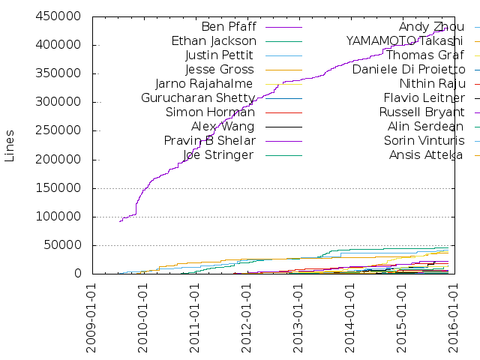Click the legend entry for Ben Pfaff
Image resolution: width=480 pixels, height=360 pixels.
(229, 27)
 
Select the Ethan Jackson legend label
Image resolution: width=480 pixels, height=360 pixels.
(214, 41)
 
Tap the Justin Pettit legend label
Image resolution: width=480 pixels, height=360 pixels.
(218, 55)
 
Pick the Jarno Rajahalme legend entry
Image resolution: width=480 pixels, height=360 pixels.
(204, 83)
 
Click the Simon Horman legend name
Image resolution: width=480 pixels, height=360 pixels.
(211, 112)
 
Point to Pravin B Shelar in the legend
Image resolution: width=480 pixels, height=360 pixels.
(210, 140)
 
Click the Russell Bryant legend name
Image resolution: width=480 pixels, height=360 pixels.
(422, 112)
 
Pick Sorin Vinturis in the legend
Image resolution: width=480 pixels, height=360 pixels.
(424, 140)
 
